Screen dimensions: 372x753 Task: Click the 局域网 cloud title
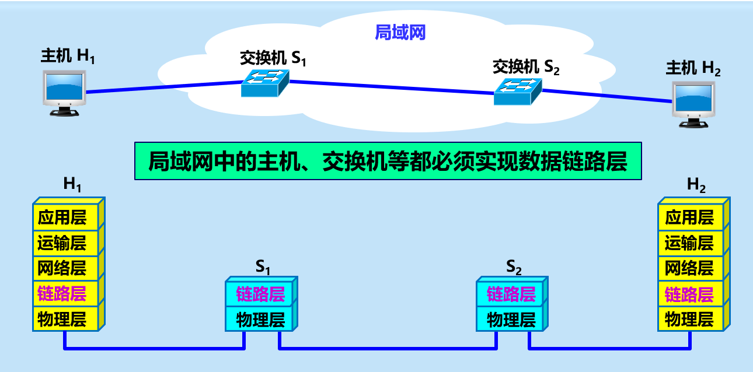400,33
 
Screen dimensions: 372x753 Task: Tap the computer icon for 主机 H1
64,92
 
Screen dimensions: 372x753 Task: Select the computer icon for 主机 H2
694,104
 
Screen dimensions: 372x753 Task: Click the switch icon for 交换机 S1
265,83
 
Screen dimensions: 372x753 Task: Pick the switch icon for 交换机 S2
517,91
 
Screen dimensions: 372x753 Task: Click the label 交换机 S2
525,66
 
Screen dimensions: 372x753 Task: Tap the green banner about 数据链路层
388,161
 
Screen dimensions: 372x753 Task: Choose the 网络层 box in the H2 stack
689,268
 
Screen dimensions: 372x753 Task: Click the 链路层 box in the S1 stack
260,294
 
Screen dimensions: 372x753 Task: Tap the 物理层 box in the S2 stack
511,320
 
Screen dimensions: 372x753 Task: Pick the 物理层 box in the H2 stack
689,320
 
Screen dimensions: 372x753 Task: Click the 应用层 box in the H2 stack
689,217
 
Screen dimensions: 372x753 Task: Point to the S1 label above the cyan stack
263,268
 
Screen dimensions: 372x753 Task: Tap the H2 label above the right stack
696,185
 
